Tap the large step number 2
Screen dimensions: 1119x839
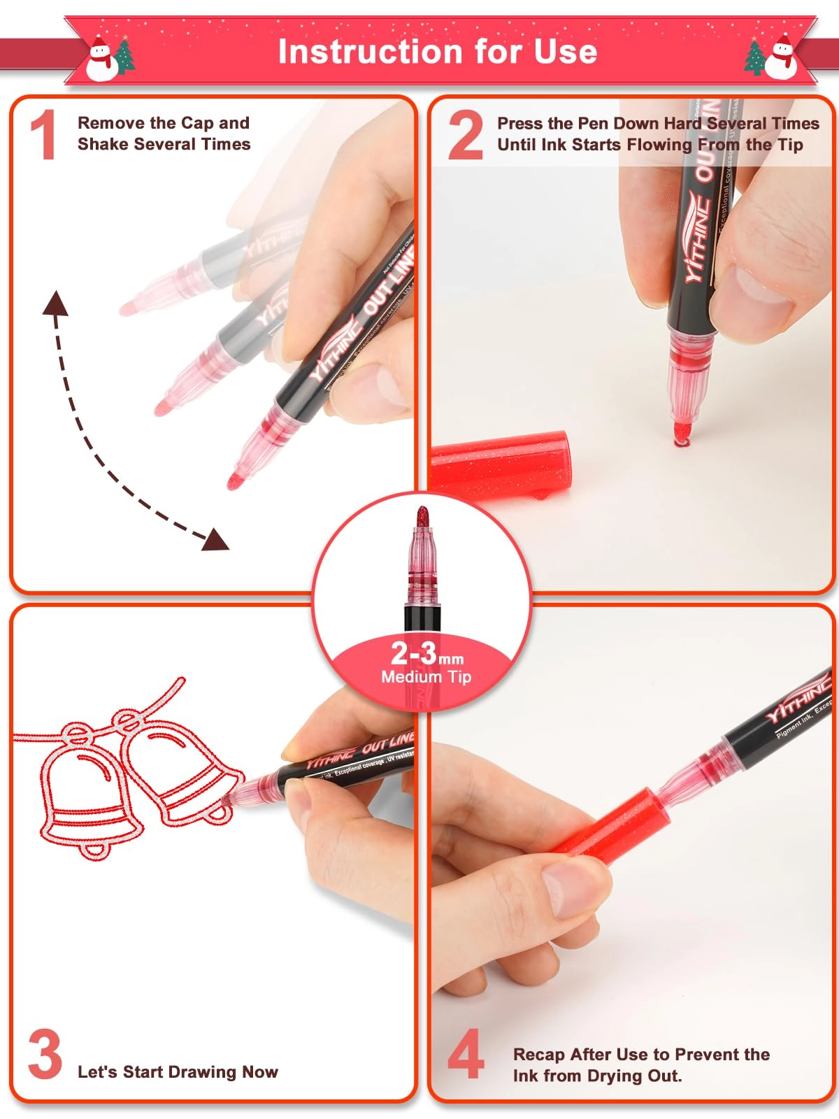pyautogui.click(x=466, y=135)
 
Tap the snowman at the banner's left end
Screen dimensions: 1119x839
pyautogui.click(x=102, y=59)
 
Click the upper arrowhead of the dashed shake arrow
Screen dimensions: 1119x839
pyautogui.click(x=55, y=304)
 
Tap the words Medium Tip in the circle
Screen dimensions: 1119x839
pyautogui.click(x=426, y=677)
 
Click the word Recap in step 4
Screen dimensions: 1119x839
pyautogui.click(x=538, y=1054)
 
